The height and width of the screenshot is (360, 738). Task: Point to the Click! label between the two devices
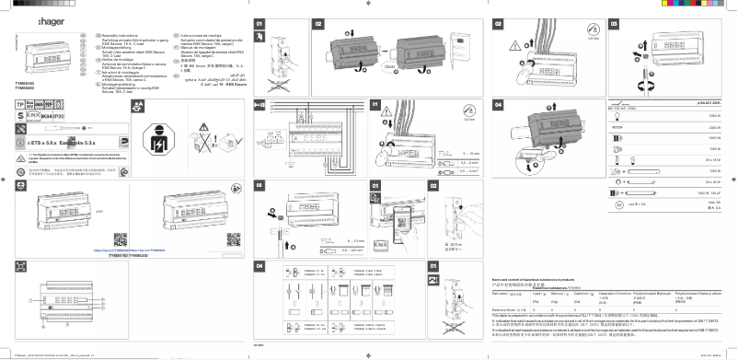pos(390,65)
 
